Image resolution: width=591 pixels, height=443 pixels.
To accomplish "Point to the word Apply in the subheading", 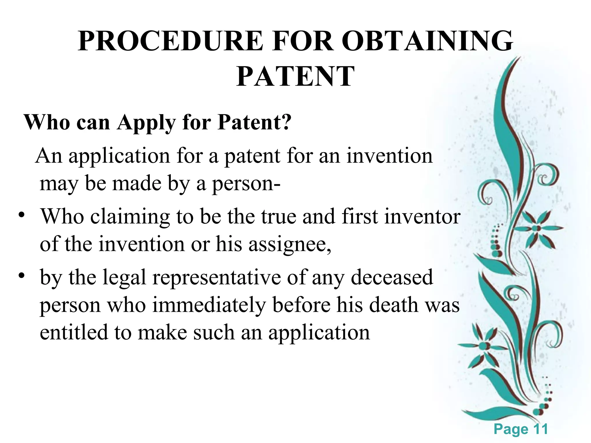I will [x=146, y=123].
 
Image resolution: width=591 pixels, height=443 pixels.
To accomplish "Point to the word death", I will [x=394, y=305].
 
